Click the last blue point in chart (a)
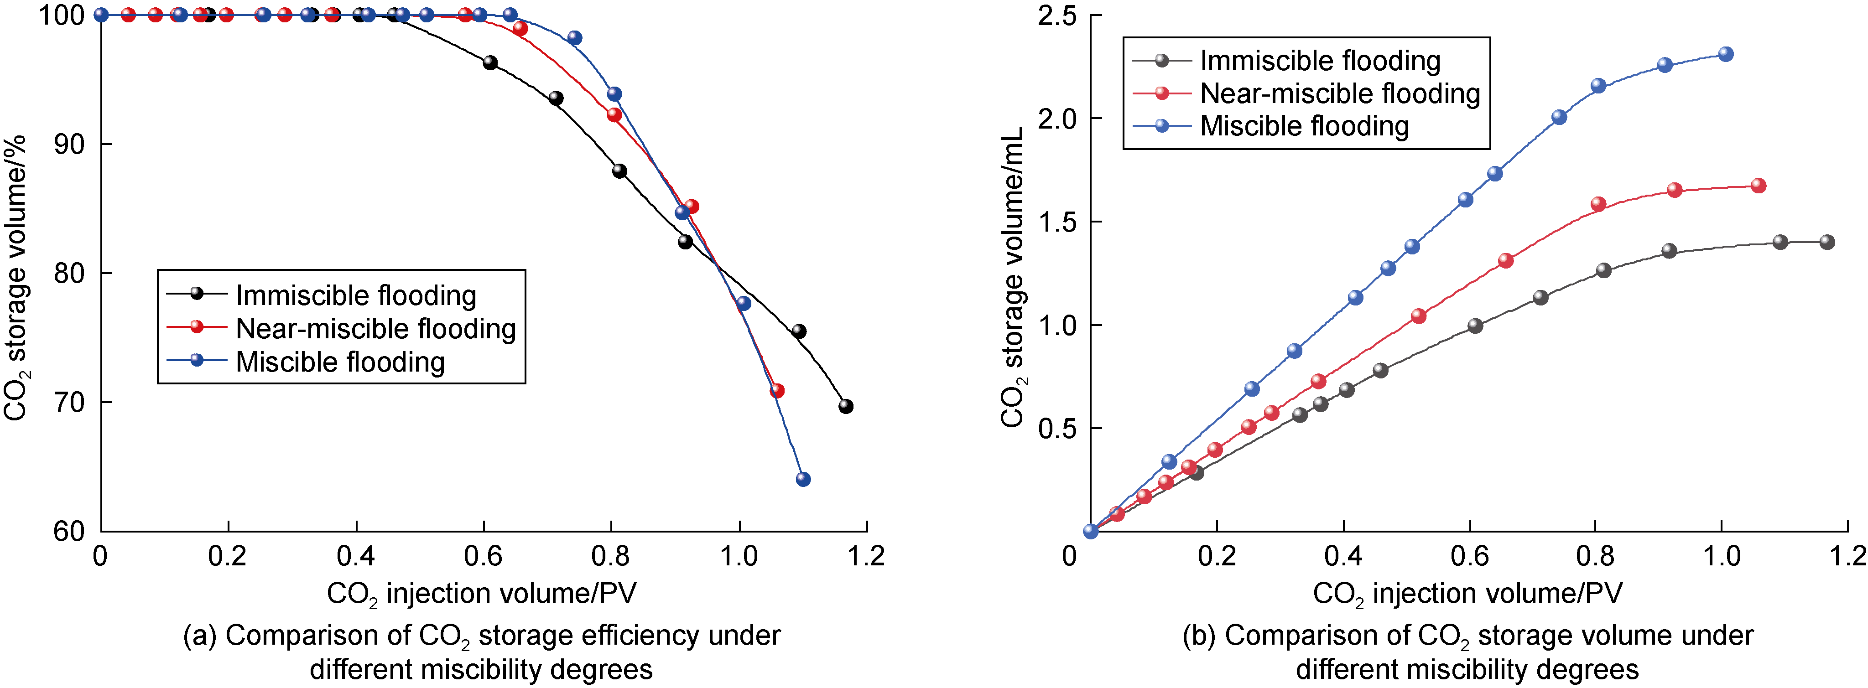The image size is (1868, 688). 803,479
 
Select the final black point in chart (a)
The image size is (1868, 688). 846,407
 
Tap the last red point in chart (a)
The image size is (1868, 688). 777,391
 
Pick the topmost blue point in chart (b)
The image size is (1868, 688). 1726,54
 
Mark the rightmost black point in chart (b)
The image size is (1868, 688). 1826,242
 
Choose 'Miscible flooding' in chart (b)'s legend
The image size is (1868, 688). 1304,126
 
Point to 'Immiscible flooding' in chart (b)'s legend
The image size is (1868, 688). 1320,61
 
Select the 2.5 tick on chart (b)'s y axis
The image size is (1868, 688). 1058,15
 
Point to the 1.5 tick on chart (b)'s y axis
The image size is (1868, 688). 1058,222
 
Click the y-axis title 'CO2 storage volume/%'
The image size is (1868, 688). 16,275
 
